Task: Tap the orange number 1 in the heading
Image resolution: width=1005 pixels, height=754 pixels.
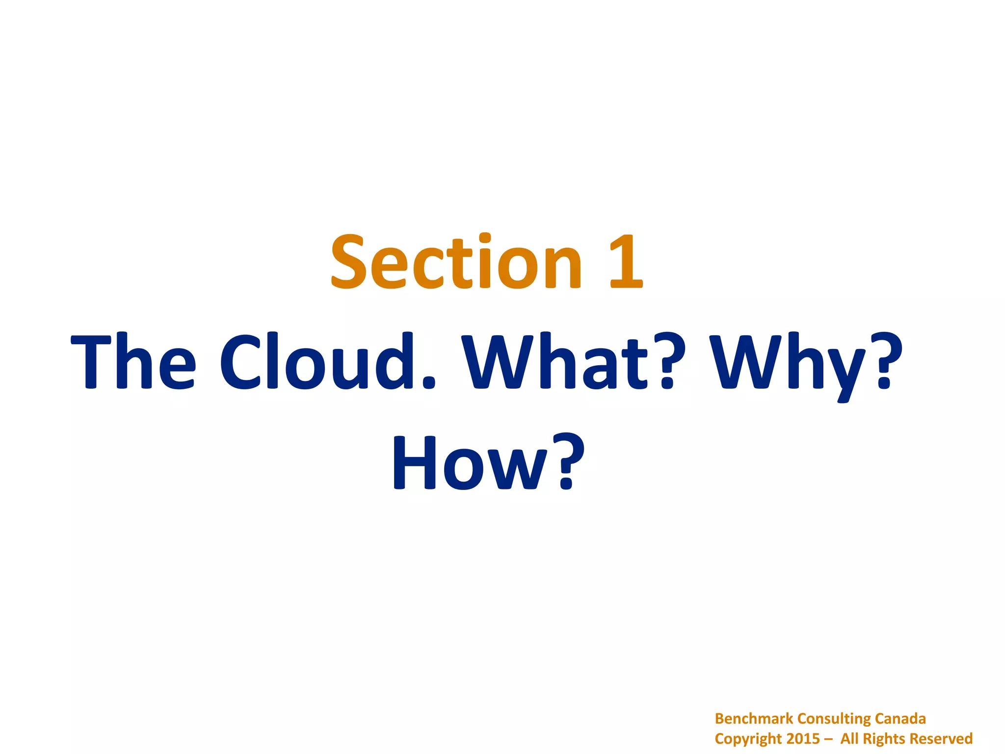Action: tap(626, 261)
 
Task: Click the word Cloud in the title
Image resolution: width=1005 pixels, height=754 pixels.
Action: tap(314, 362)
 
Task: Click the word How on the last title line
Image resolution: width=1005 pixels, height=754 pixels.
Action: tap(471, 463)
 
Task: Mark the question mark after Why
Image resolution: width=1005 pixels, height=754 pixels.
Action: tap(887, 362)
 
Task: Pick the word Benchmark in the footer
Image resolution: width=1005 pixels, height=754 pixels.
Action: tap(754, 719)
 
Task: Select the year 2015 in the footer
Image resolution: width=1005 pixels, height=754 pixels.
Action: tap(803, 739)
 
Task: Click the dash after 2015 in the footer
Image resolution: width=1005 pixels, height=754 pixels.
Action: tap(828, 739)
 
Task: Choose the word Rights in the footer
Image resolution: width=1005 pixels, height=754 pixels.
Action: tap(884, 739)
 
